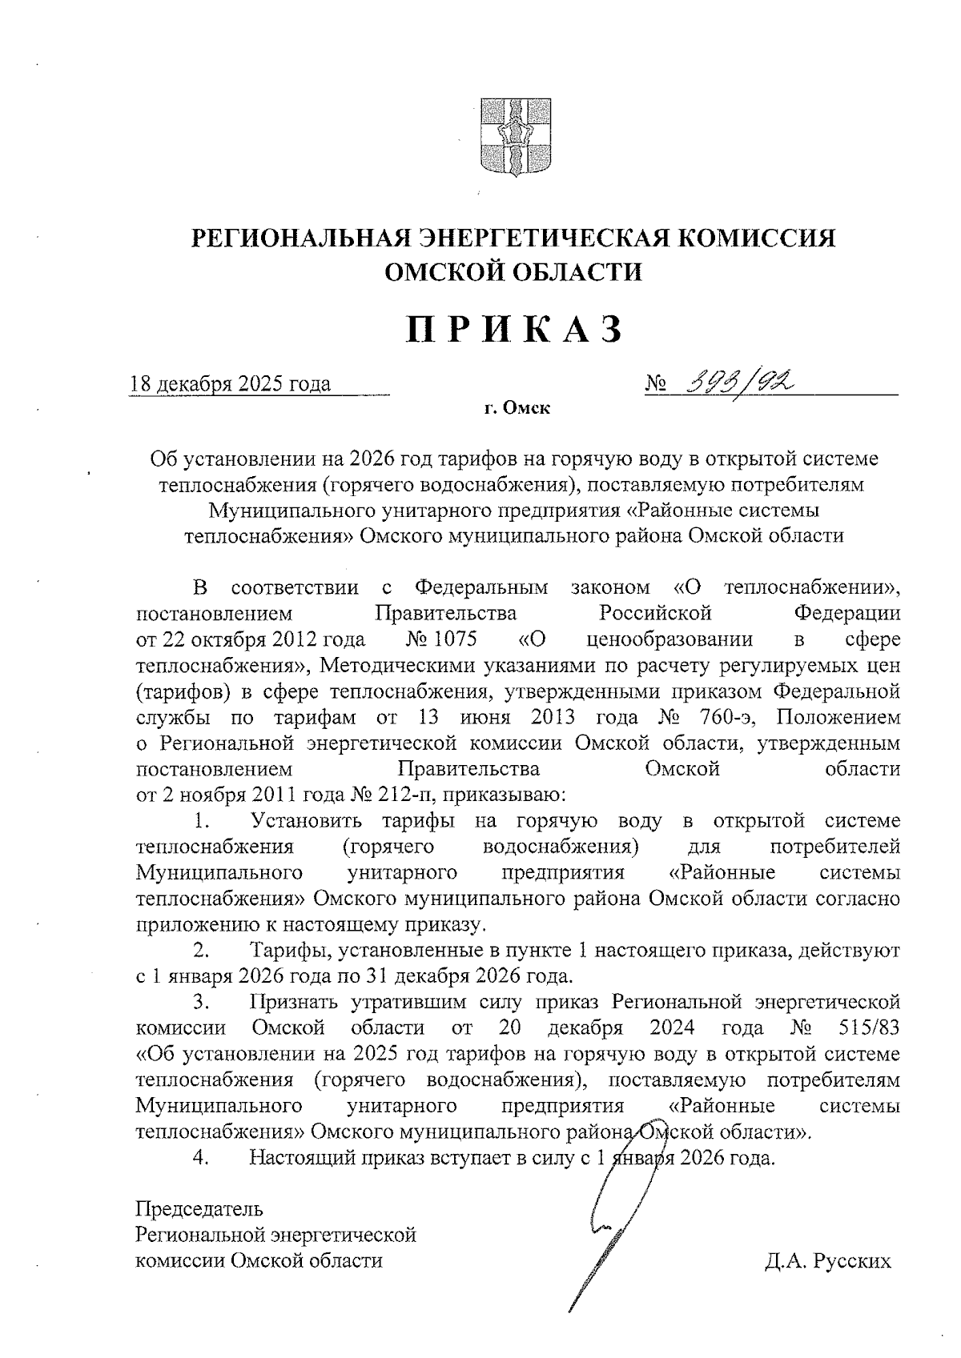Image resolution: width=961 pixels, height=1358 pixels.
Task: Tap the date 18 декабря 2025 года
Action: pos(231,385)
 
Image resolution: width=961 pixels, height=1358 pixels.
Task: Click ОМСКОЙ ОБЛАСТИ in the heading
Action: pos(513,273)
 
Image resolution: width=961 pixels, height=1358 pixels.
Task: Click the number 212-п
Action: pos(398,795)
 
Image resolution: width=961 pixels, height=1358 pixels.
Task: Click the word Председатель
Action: pos(199,1208)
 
